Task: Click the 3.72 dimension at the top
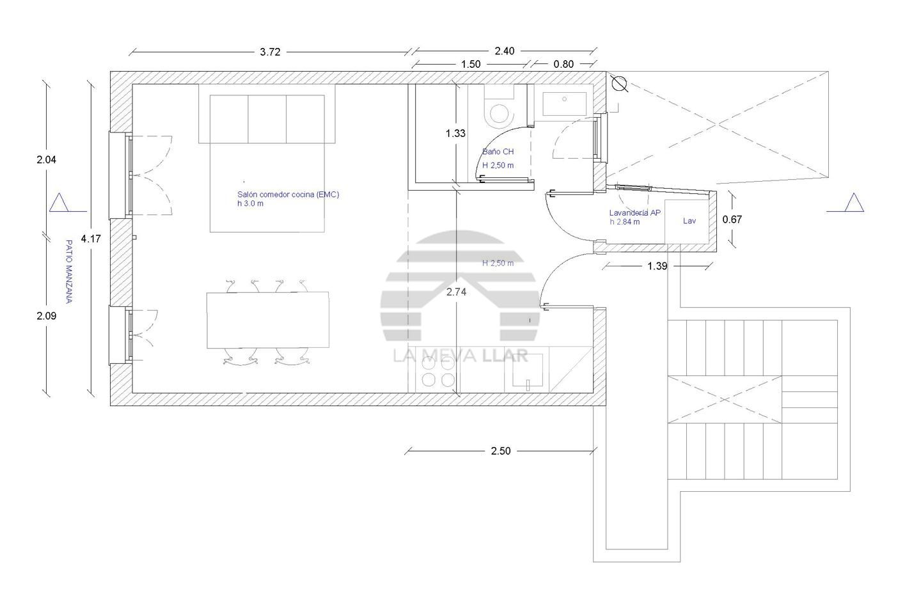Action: coord(270,52)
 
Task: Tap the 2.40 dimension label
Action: coord(504,51)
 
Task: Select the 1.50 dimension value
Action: coord(470,65)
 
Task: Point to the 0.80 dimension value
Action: coord(563,65)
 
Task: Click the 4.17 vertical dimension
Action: coord(91,239)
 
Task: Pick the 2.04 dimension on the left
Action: coord(47,159)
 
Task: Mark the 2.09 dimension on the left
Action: coord(47,316)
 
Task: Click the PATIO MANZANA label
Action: coord(69,272)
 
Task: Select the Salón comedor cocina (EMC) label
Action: coord(288,194)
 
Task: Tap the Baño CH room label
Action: coord(498,152)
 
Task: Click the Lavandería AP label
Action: coord(635,212)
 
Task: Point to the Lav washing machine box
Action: coord(687,222)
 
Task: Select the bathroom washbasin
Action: coord(565,104)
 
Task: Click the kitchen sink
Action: coord(528,370)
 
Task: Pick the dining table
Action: coord(267,320)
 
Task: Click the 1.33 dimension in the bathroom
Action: coord(455,133)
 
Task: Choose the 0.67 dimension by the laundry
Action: coord(732,219)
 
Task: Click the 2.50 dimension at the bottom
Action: coord(500,451)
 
